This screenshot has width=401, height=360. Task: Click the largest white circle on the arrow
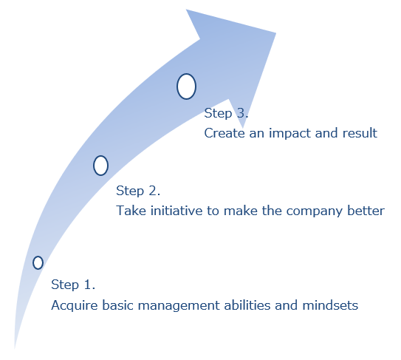point(186,86)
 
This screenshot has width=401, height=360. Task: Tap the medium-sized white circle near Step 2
point(100,166)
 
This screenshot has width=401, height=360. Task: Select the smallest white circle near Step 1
point(38,262)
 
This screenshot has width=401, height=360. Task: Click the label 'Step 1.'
point(73,285)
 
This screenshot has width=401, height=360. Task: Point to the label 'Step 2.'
point(138,191)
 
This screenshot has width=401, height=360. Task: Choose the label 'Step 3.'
point(226,113)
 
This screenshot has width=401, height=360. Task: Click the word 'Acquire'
point(75,305)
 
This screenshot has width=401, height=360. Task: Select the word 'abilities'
point(247,305)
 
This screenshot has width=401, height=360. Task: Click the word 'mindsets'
point(330,305)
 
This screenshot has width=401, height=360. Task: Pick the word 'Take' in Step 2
point(131,211)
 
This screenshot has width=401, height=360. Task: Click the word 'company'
point(315,211)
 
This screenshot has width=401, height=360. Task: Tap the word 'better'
point(366,211)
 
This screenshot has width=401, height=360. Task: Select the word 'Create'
point(225,133)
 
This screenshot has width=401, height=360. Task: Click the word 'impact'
point(289,134)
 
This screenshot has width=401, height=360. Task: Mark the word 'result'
point(360,133)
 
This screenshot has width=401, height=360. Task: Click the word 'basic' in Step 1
point(118,305)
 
